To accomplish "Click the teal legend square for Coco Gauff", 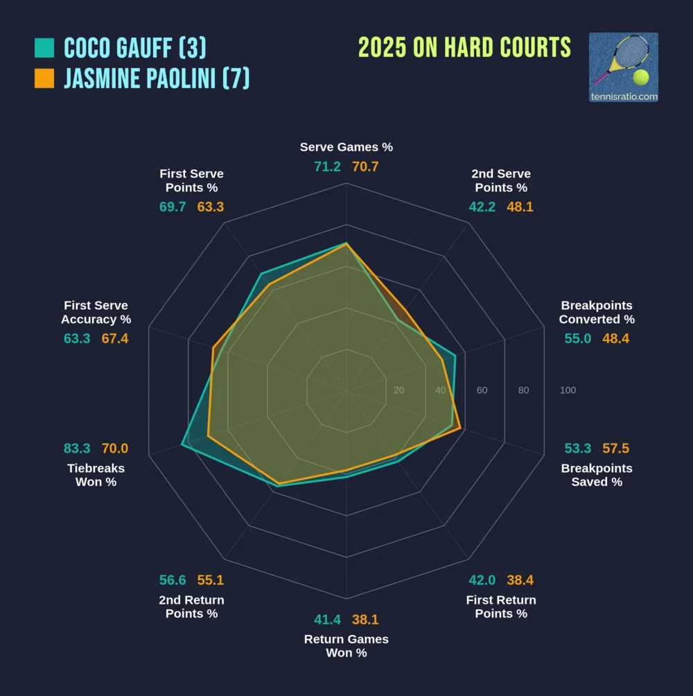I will (x=44, y=48).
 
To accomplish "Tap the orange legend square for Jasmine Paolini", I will (x=44, y=78).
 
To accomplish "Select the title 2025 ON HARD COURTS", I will (x=464, y=48).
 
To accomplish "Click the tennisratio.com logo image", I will (x=623, y=67).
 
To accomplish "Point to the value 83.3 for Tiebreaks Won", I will (x=77, y=449).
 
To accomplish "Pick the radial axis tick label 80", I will (x=523, y=390).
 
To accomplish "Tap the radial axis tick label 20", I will (x=398, y=390).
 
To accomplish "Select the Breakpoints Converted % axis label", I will (x=597, y=313).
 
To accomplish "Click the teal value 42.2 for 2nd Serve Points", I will (x=482, y=207).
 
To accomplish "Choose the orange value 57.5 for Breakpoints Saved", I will (x=616, y=449).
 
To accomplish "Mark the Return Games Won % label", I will (x=346, y=646).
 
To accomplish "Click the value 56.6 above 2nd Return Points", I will (x=173, y=580).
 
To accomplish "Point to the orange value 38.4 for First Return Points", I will (x=520, y=580).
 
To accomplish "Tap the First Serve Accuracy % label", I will (x=96, y=313).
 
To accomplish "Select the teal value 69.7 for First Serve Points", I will (x=173, y=207).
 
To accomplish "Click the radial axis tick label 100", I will (x=568, y=390).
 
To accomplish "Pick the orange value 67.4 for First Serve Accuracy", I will (x=115, y=338).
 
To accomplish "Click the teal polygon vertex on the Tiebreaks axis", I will (x=182, y=444).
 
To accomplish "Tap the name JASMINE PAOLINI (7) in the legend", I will (x=157, y=78).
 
